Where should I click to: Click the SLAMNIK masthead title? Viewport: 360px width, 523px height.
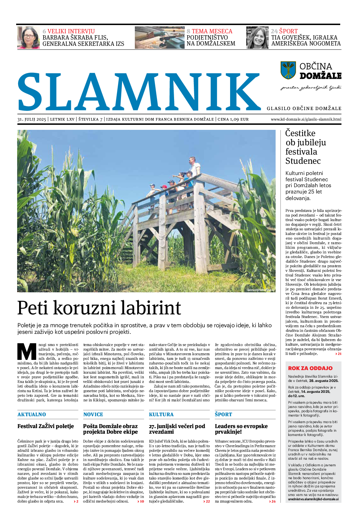tap(138, 91)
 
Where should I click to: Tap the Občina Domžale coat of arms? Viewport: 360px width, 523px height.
tap(288, 70)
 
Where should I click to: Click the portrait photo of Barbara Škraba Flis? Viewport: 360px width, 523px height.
tap(28, 38)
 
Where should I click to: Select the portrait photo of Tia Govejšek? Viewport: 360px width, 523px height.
tap(257, 38)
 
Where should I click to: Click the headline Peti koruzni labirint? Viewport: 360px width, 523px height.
tap(99, 308)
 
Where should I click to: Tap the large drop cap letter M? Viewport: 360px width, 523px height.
tap(27, 352)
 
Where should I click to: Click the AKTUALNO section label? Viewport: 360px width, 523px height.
tap(32, 415)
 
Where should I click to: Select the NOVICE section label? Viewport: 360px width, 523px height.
tap(93, 415)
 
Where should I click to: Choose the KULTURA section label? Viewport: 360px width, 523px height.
tap(161, 415)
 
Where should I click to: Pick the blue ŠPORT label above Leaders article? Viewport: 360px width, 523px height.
tap(224, 415)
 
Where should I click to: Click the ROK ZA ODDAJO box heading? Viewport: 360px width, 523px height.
tap(310, 368)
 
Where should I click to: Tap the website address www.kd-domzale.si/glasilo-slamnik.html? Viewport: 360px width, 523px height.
tap(306, 119)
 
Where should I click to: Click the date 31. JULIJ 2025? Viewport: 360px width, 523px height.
tap(32, 119)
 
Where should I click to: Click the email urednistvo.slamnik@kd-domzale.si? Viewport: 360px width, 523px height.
tap(313, 499)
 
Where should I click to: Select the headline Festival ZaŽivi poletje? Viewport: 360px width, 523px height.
tap(45, 426)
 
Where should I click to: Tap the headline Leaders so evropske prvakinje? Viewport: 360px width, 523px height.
tap(241, 429)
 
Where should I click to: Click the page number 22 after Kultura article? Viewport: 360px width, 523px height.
tap(207, 502)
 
